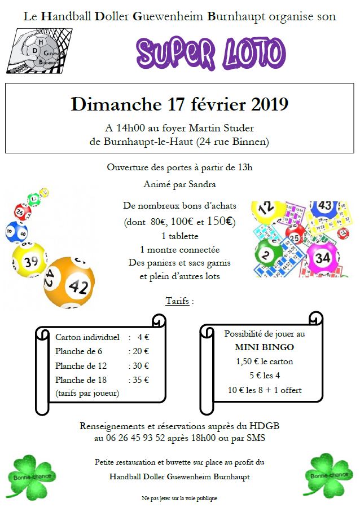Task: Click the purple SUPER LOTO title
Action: tap(210, 53)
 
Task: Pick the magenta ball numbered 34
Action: tap(322, 258)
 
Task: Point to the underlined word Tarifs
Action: tap(177, 301)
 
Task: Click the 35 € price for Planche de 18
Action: tap(140, 379)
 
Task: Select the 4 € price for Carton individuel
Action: tap(142, 337)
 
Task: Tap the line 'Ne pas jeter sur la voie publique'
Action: tap(179, 498)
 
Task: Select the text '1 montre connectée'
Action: tap(180, 249)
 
